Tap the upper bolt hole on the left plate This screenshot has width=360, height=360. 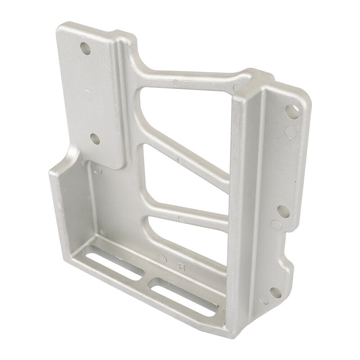point(86,48)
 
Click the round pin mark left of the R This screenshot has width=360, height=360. point(163,258)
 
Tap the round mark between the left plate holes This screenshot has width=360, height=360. point(87,94)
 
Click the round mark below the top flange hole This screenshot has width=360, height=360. point(290,131)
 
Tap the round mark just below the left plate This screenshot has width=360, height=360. point(96,168)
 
